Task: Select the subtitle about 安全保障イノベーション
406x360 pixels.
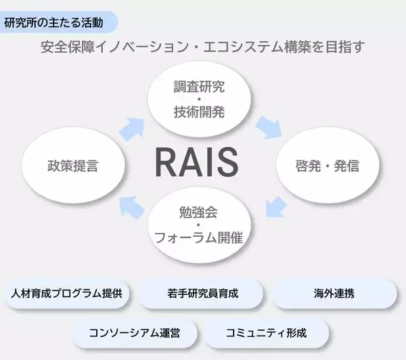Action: tap(202, 47)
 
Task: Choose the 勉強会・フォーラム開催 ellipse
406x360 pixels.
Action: tap(199, 229)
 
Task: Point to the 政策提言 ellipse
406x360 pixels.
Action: tap(72, 166)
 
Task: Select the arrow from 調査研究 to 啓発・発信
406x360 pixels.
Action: tap(269, 127)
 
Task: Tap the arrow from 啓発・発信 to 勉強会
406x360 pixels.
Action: tap(274, 206)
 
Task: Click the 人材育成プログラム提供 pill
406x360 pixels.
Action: tap(66, 294)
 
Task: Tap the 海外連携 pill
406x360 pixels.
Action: tap(334, 294)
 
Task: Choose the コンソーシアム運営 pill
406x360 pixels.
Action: tap(134, 333)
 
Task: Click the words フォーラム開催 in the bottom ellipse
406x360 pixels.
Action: tap(199, 238)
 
